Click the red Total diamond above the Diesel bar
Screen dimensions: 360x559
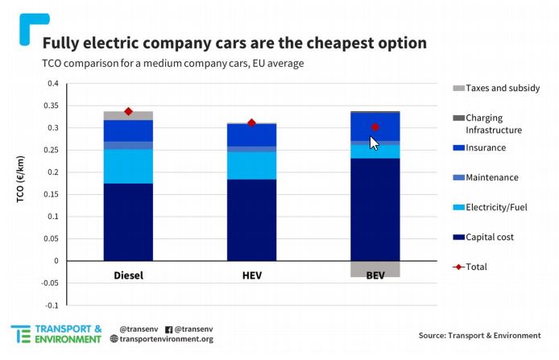(x=128, y=111)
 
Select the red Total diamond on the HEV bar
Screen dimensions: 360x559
(x=251, y=123)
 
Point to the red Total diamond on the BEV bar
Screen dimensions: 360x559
(x=375, y=126)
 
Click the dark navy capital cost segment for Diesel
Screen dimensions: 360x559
(x=128, y=221)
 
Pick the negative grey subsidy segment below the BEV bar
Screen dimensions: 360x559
(x=375, y=269)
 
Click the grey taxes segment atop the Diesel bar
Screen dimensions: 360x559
(x=128, y=116)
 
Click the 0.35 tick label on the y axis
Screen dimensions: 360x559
(x=52, y=106)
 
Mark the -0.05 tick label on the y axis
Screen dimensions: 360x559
(x=50, y=283)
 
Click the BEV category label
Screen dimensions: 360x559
(x=375, y=275)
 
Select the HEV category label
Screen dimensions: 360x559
(x=251, y=275)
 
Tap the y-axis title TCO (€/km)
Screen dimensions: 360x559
(x=23, y=194)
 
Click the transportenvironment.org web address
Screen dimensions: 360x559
(x=166, y=339)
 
